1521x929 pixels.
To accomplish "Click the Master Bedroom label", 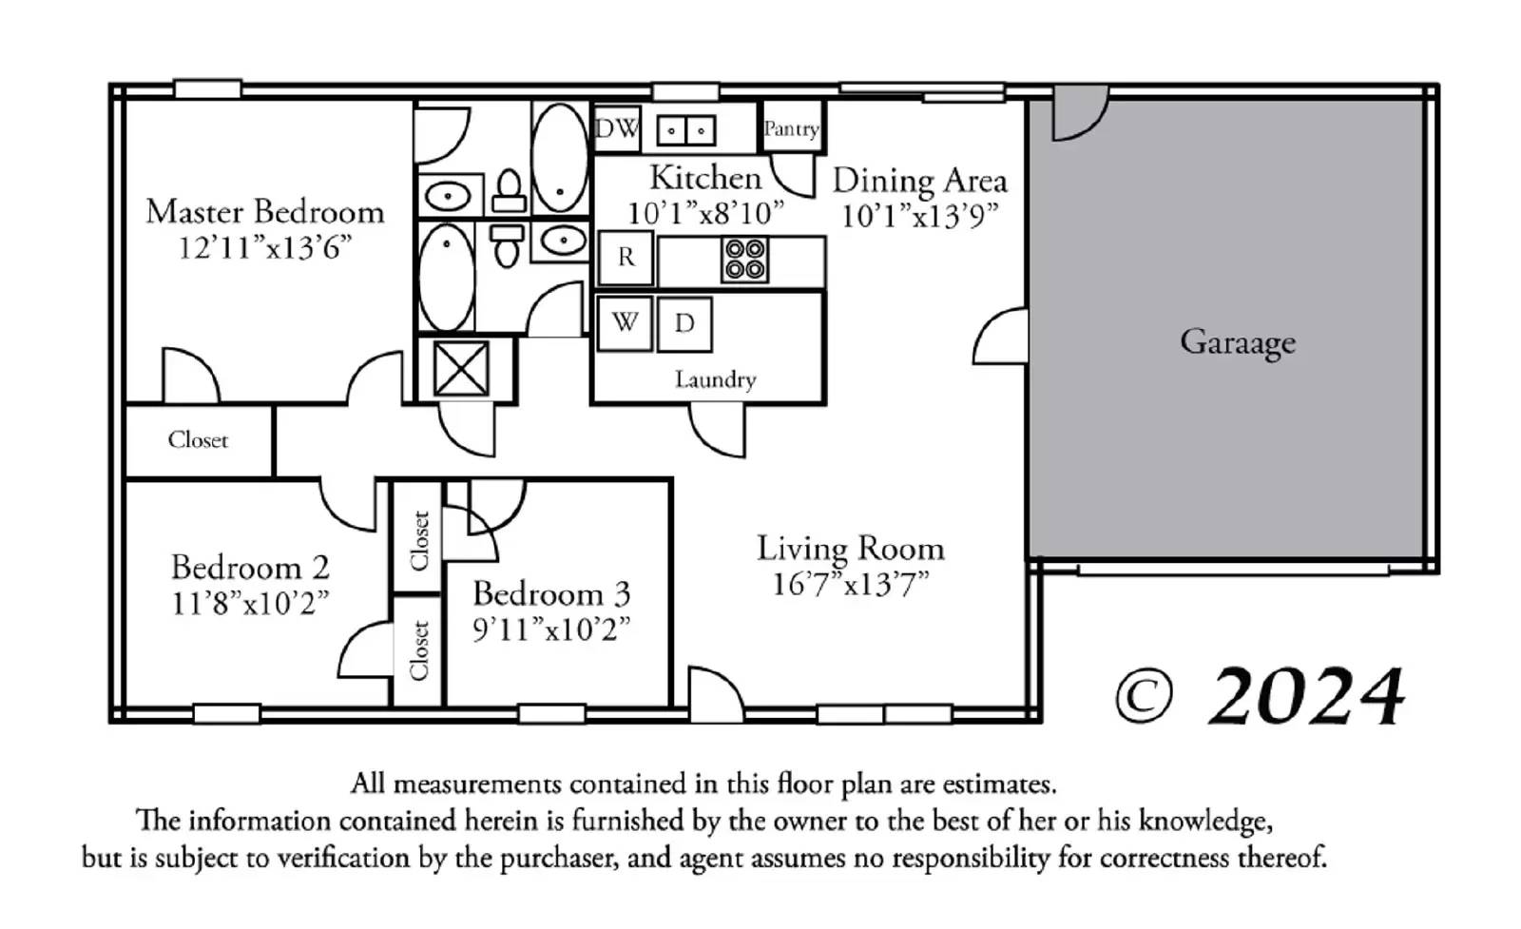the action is (x=265, y=212).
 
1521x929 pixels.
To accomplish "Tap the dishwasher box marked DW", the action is (x=617, y=128).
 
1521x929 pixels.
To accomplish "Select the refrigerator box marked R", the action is (x=626, y=258).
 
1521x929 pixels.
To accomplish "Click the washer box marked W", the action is (x=625, y=323).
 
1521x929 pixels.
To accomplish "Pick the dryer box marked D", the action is (x=684, y=324).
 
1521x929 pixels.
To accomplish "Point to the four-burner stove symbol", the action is (x=745, y=259).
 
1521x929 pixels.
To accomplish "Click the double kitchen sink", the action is (x=685, y=129).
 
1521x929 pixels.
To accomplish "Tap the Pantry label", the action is (x=791, y=129).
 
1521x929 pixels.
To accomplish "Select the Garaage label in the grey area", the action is (x=1237, y=342).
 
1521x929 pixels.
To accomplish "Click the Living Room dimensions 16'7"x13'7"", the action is (x=850, y=584).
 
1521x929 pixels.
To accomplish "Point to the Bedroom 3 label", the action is (x=551, y=593).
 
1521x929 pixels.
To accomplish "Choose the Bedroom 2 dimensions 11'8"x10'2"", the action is (x=250, y=603).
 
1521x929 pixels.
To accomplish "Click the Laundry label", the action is (x=715, y=379).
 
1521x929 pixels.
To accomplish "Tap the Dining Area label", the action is (x=920, y=181).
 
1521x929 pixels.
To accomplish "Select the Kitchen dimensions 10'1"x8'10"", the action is (x=704, y=213).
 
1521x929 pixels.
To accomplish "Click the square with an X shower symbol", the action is (x=461, y=369).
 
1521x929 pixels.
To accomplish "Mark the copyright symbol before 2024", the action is (x=1145, y=697).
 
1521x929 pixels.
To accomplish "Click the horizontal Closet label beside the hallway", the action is (x=198, y=440).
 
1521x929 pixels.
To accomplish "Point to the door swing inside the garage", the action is (x=1080, y=113).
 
